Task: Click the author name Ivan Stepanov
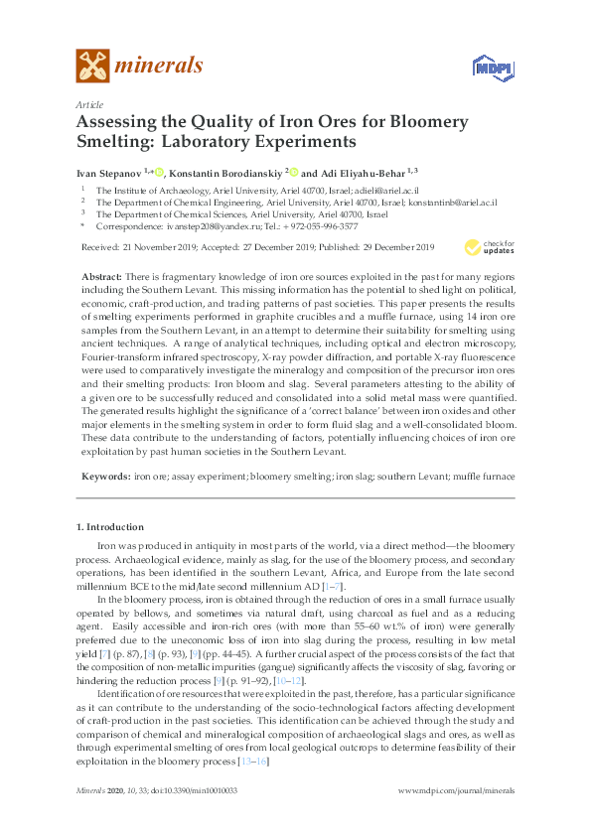109,171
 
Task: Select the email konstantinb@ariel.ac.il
443,202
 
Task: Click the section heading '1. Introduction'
109,525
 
